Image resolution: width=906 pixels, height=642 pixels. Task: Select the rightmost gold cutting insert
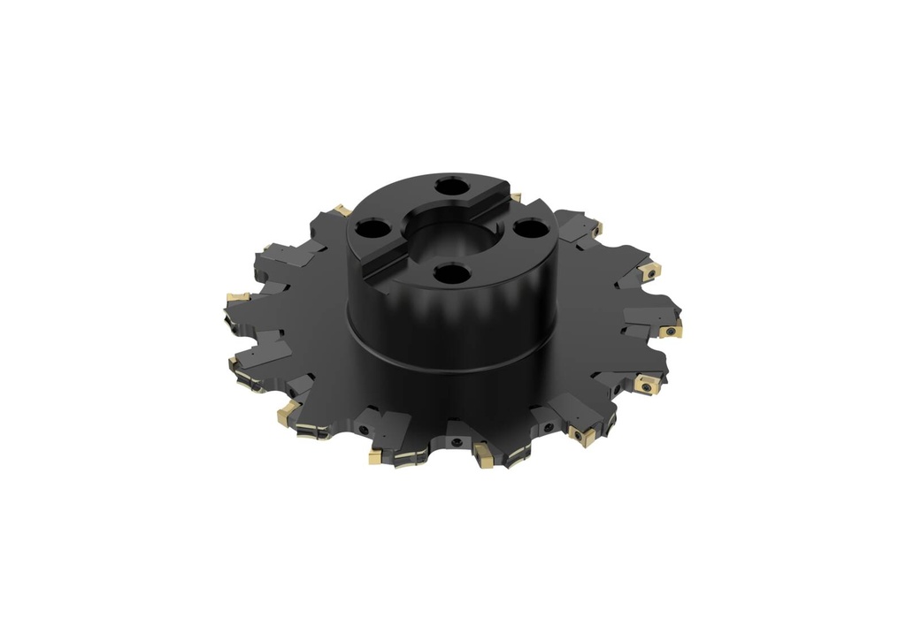pyautogui.click(x=670, y=331)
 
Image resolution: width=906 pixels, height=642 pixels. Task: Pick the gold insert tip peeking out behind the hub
pyautogui.click(x=516, y=196)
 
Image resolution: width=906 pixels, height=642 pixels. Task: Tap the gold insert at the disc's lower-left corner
pyautogui.click(x=288, y=411)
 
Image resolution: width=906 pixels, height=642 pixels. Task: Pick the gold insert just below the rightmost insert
pyautogui.click(x=643, y=385)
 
